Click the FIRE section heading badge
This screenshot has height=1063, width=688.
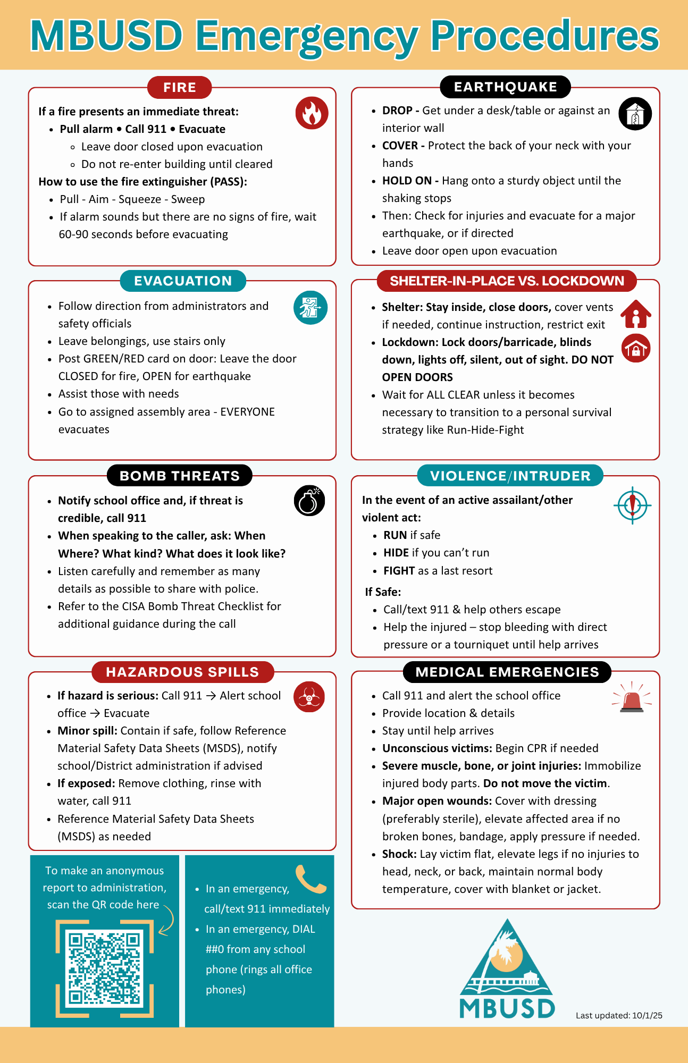coord(180,88)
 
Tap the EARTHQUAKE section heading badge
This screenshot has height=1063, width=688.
coord(505,87)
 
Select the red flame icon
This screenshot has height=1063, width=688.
coord(312,113)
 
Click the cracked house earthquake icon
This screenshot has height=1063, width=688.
coord(635,114)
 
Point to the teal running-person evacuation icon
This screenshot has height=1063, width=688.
coord(311,308)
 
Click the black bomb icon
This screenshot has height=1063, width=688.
coord(309,501)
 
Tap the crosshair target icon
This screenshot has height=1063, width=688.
coord(632,505)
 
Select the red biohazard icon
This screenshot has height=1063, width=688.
coord(309,697)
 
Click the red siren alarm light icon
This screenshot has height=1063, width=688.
coord(632,697)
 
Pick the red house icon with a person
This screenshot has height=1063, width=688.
coord(636,314)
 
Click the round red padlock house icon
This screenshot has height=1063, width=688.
coord(636,349)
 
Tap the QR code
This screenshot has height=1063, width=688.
coord(105,968)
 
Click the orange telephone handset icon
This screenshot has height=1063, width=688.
coord(310,880)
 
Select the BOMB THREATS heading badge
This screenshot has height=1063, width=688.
coord(180,476)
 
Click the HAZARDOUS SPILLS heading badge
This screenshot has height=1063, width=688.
coord(182,672)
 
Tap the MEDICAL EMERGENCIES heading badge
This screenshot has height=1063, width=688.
coord(507,672)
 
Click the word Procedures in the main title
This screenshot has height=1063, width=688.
coord(544,36)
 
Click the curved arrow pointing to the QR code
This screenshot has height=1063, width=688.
coord(167,920)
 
